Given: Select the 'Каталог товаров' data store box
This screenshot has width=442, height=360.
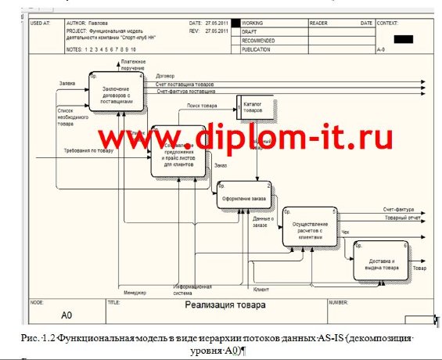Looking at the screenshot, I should [256, 107].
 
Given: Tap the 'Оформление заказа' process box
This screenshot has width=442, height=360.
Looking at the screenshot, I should [245, 198].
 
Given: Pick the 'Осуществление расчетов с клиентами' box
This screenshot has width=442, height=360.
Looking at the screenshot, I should [310, 228].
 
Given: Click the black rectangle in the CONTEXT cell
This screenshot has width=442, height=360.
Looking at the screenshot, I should [403, 38].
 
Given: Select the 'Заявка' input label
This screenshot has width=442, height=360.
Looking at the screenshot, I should [67, 83].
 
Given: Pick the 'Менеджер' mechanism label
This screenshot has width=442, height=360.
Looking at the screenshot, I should [135, 293].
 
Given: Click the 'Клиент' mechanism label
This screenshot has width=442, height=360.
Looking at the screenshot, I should [261, 290].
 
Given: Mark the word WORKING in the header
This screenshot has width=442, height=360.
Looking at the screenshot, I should [254, 23].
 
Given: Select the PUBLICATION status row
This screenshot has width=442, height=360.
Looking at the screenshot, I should [258, 49].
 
